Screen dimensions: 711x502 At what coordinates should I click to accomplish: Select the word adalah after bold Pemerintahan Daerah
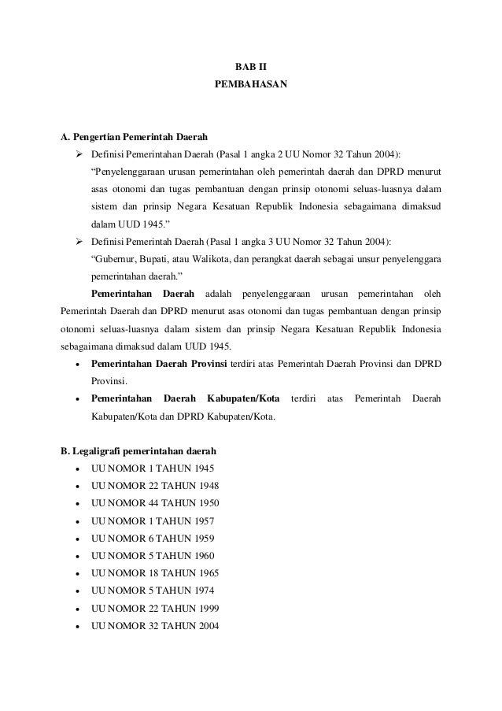[x=218, y=294]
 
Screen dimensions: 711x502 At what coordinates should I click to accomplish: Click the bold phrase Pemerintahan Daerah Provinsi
[x=159, y=364]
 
